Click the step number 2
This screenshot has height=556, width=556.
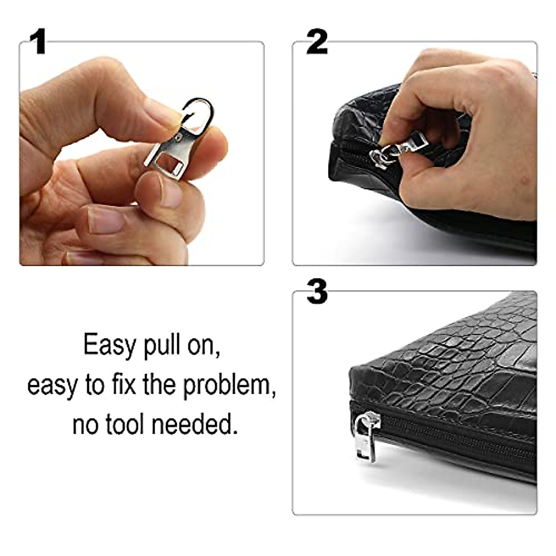pyautogui.click(x=317, y=43)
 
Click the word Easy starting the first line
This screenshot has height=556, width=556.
pyautogui.click(x=110, y=345)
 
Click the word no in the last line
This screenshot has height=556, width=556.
pyautogui.click(x=84, y=424)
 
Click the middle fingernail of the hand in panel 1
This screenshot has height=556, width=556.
pyautogui.click(x=106, y=221)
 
